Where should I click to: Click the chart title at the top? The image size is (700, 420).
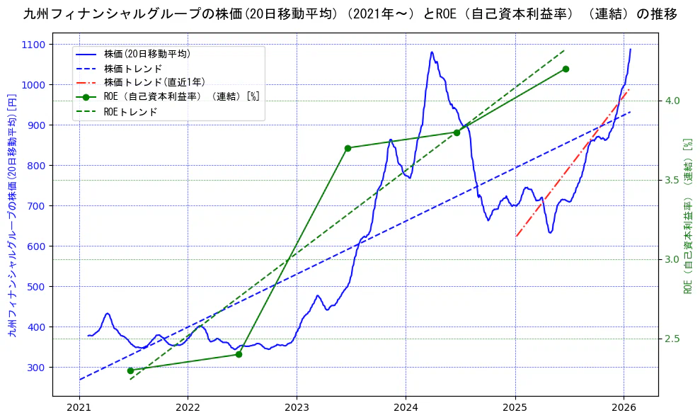(x=350, y=13)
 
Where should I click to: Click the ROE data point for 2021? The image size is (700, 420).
(x=130, y=370)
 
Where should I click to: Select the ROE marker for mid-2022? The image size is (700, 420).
(x=239, y=354)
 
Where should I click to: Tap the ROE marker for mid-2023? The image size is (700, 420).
(x=348, y=148)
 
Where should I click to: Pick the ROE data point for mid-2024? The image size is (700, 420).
(x=457, y=132)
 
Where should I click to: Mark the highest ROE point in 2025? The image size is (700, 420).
(x=566, y=69)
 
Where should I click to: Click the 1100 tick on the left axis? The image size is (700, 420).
(x=35, y=45)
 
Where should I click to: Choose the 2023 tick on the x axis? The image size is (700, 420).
(x=297, y=409)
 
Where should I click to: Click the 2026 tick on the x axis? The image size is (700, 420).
(x=624, y=409)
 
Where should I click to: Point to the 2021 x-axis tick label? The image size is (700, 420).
(x=79, y=409)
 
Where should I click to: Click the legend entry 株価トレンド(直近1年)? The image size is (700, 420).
(x=154, y=82)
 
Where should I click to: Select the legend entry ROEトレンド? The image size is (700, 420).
(x=130, y=112)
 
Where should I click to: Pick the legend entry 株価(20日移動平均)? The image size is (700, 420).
(x=147, y=54)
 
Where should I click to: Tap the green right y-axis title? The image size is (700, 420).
(x=687, y=216)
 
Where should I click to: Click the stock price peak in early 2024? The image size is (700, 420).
(x=431, y=52)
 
